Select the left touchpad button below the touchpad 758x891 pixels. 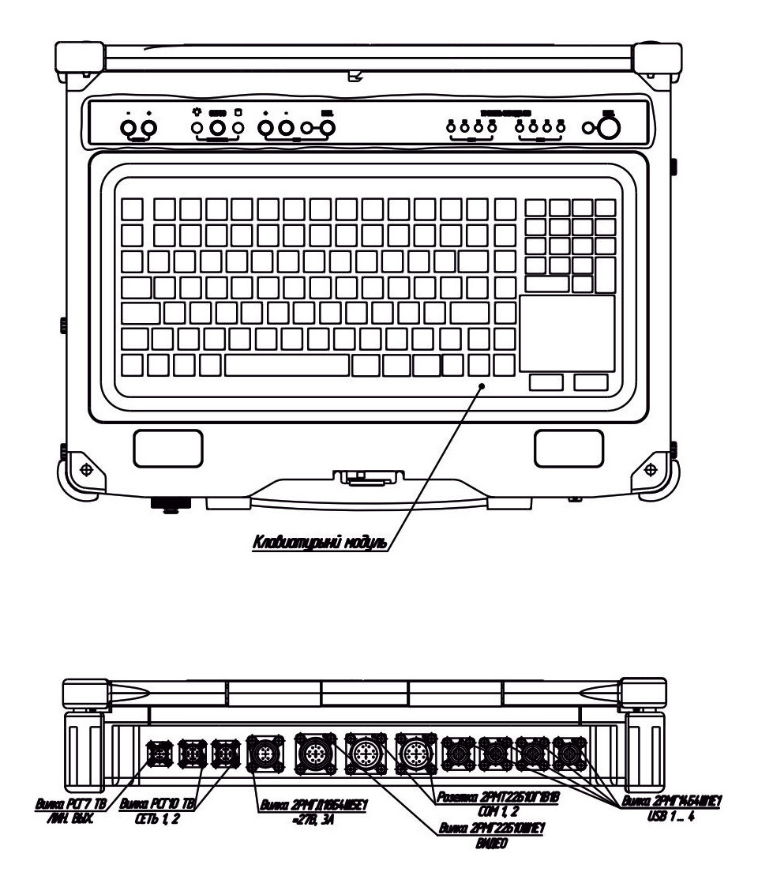[x=546, y=382]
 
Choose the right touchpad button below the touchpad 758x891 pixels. [x=591, y=382]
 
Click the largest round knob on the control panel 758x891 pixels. [x=606, y=130]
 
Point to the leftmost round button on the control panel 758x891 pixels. [x=126, y=129]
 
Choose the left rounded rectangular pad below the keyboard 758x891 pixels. [x=157, y=448]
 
